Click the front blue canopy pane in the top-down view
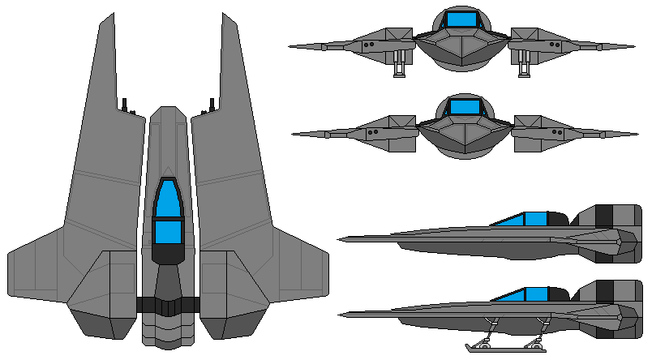[x=168, y=199]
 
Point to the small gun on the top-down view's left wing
[x=125, y=105]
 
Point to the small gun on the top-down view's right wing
[x=212, y=105]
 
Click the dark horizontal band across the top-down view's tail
[x=168, y=305]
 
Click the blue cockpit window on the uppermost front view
[x=465, y=19]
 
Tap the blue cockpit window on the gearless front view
[x=465, y=106]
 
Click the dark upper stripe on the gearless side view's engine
[x=604, y=215]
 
